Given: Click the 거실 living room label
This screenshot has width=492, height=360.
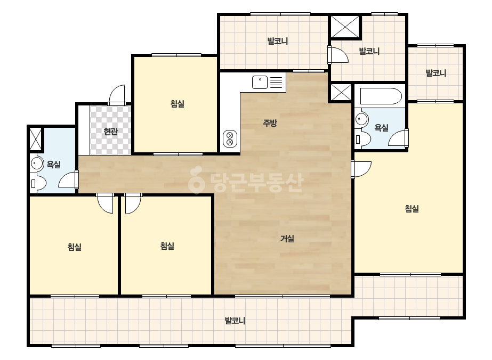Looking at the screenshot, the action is [287, 239].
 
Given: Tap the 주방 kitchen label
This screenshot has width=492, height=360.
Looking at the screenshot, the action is [270, 123].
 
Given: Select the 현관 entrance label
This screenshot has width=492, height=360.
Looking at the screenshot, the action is [110, 132].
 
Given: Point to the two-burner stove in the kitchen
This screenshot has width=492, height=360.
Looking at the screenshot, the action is [230, 138].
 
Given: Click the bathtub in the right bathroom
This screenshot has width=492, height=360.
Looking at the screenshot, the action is [381, 96].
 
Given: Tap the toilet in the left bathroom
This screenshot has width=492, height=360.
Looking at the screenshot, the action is [38, 183].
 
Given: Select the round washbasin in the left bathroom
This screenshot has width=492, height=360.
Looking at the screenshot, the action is [37, 163].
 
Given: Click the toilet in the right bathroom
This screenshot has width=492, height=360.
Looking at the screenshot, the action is [363, 140].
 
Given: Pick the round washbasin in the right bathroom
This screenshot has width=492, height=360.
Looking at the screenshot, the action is [362, 119].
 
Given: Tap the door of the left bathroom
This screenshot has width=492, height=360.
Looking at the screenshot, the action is [69, 179].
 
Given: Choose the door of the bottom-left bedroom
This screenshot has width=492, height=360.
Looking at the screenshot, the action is [105, 203].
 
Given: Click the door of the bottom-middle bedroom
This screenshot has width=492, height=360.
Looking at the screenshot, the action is [133, 203].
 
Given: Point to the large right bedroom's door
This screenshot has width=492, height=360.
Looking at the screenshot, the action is [361, 169].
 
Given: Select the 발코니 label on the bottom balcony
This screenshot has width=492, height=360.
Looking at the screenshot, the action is [235, 321].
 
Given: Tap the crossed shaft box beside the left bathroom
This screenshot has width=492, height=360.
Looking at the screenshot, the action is [36, 139].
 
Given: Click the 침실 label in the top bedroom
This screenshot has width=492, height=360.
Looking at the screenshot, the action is [178, 104].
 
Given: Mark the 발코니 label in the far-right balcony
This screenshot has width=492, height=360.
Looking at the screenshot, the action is [436, 73].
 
